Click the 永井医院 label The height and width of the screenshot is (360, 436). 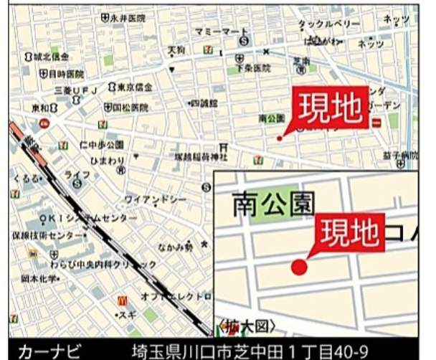tap(128, 17)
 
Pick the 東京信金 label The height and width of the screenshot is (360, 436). tap(134, 87)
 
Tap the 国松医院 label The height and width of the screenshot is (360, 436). tap(130, 108)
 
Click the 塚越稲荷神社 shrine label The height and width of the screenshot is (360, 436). tap(200, 156)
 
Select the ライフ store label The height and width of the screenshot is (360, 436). tap(77, 174)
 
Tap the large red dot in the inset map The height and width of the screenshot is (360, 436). tap(299, 267)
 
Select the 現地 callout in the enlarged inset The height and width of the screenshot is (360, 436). tap(349, 231)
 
